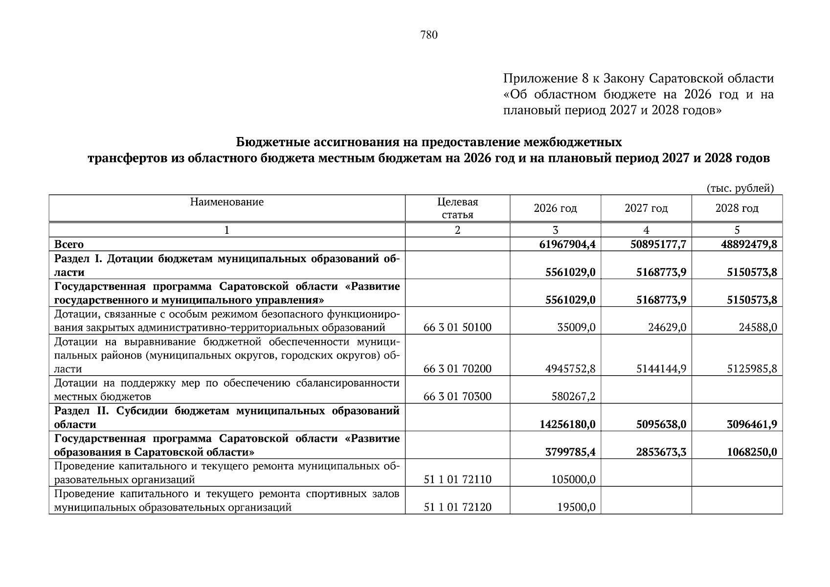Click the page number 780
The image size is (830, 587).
pos(429,35)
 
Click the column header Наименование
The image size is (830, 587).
pos(226,202)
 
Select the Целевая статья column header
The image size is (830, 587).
pos(457,208)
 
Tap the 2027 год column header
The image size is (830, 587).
pos(646,208)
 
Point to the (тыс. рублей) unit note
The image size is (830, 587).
pos(740,188)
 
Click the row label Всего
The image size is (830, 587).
pos(69,244)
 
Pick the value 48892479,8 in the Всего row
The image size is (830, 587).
pos(748,244)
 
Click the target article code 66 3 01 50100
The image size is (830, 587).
pos(457,327)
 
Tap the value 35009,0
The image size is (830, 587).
pos(576,327)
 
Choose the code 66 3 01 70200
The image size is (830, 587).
pos(457,369)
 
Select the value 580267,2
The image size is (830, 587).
pos(573,396)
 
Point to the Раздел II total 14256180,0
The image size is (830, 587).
pos(567,424)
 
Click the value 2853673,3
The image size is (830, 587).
pos(661,452)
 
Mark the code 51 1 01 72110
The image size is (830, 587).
pos(457,479)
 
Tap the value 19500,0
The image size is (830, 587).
pos(576,507)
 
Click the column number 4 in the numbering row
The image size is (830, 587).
pos(646,230)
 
